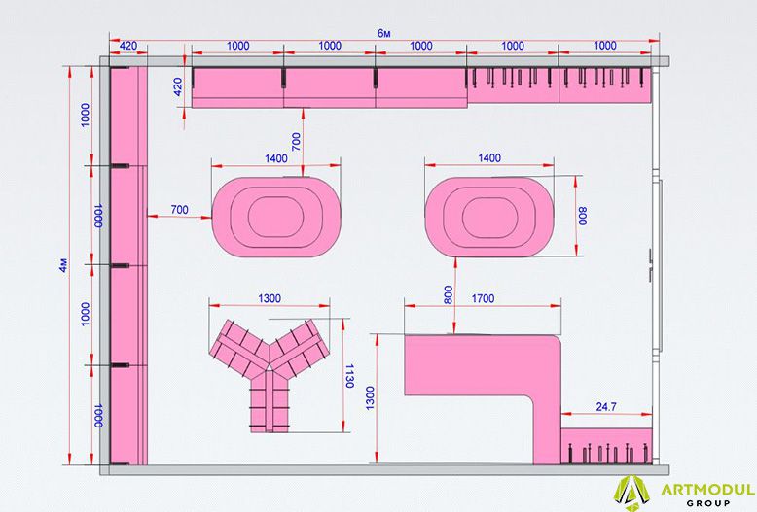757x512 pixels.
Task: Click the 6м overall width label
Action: (383, 33)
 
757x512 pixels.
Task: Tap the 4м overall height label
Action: (63, 265)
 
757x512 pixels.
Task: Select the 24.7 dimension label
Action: (606, 407)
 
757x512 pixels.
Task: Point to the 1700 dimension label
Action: (483, 299)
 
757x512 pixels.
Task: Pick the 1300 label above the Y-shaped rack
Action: (270, 298)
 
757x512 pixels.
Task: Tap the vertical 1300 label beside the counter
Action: (370, 398)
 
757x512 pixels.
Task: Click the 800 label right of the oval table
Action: (583, 216)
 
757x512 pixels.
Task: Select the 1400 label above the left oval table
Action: (276, 158)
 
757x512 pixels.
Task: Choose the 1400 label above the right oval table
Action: (489, 158)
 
